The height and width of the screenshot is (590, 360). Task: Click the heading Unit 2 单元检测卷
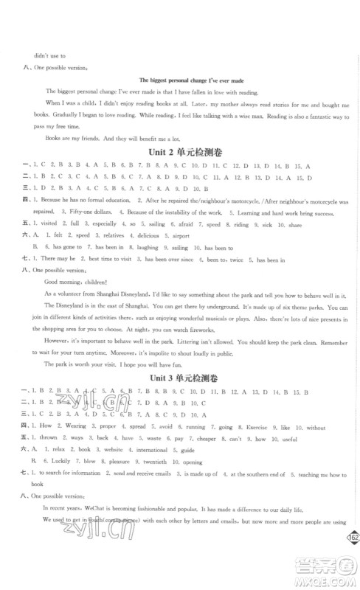(179, 152)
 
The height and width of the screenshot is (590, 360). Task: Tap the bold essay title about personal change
(180, 80)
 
